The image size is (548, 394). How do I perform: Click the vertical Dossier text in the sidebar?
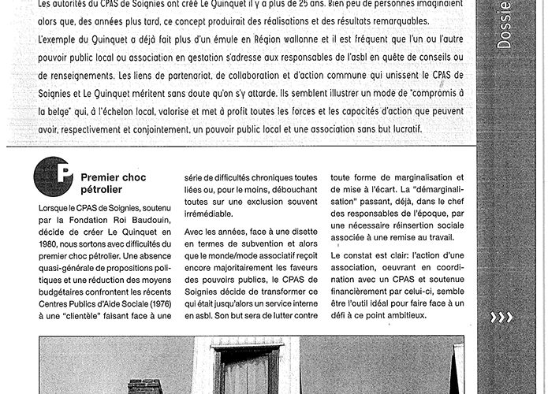pyautogui.click(x=505, y=24)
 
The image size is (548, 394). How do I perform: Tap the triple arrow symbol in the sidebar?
pyautogui.click(x=501, y=318)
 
